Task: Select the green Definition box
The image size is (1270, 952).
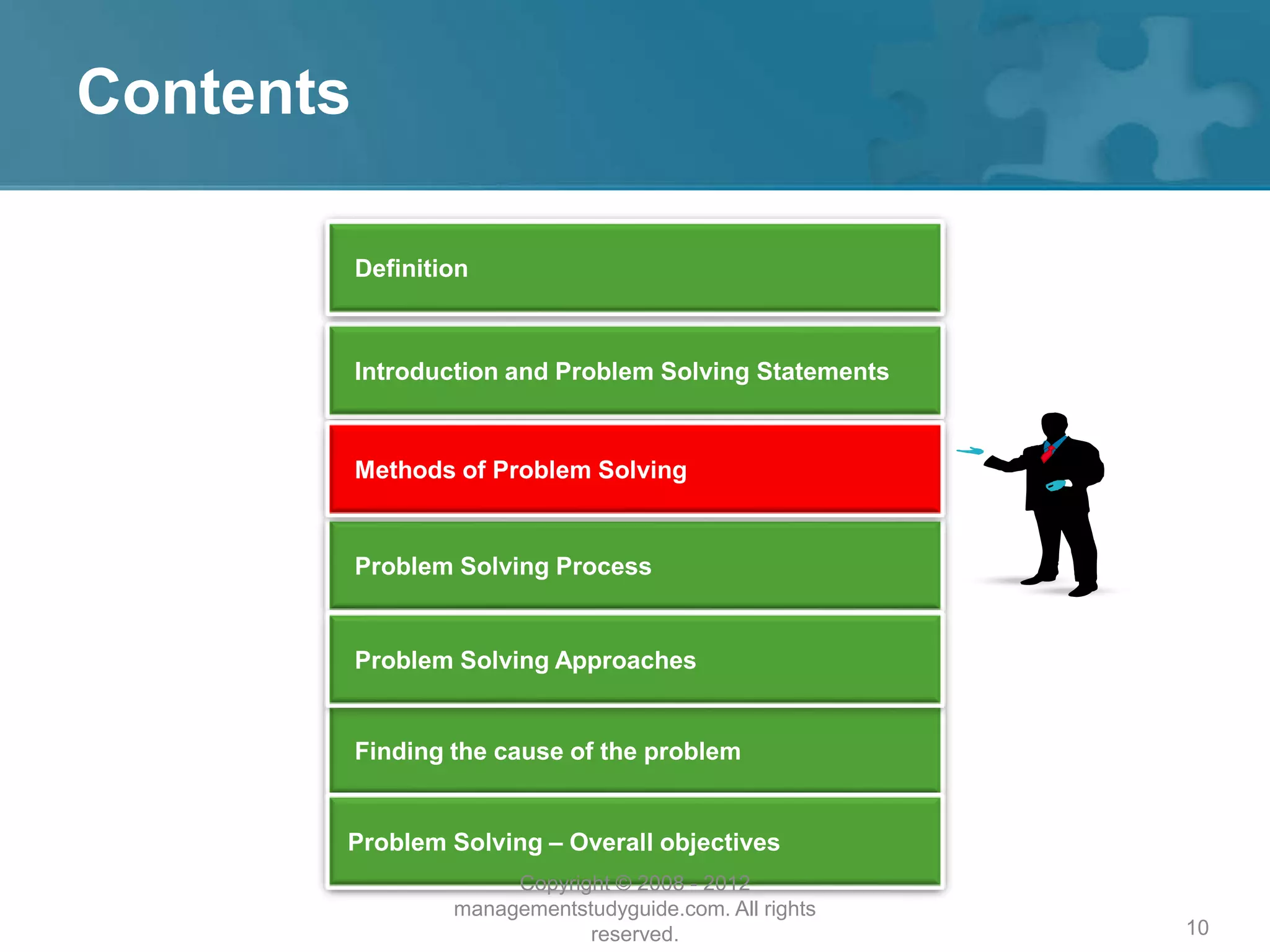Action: (634, 268)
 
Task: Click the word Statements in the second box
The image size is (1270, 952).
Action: (822, 371)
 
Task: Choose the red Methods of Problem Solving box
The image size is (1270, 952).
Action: (634, 469)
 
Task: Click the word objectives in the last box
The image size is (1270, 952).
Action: (719, 842)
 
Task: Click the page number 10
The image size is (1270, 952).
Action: (1197, 928)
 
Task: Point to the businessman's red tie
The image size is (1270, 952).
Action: (1047, 453)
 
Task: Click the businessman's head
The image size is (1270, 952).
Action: (1054, 426)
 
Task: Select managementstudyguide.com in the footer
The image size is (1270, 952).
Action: (592, 909)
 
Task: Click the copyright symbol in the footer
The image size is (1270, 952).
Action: (623, 883)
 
